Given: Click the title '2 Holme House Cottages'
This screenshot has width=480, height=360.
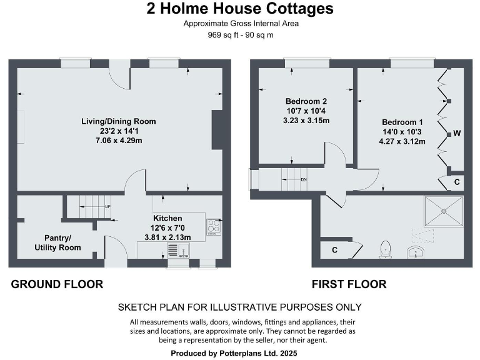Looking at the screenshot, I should (x=240, y=9).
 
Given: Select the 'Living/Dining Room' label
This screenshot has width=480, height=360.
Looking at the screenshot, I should (x=118, y=121).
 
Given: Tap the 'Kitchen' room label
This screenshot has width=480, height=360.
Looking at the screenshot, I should (x=168, y=218).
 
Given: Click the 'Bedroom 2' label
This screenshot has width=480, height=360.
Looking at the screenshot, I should (x=306, y=101).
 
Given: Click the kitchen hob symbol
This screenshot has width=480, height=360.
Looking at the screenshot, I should (x=214, y=224).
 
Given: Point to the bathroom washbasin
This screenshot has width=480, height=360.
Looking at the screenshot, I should (x=415, y=252).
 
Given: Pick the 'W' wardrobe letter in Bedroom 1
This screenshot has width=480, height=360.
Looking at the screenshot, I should (x=457, y=133).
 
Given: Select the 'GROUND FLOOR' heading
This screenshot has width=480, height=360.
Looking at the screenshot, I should (x=57, y=284).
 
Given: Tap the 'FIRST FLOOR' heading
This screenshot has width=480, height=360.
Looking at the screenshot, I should (x=349, y=284).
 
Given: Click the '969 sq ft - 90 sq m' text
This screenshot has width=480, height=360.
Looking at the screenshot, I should (x=241, y=35).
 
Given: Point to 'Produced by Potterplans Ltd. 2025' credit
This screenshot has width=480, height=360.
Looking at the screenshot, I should (x=241, y=353).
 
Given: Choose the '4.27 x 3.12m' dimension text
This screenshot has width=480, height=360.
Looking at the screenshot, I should (x=402, y=141).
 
